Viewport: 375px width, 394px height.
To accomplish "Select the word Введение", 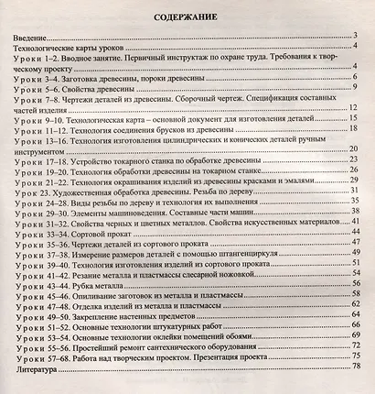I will click(x=31, y=37).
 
